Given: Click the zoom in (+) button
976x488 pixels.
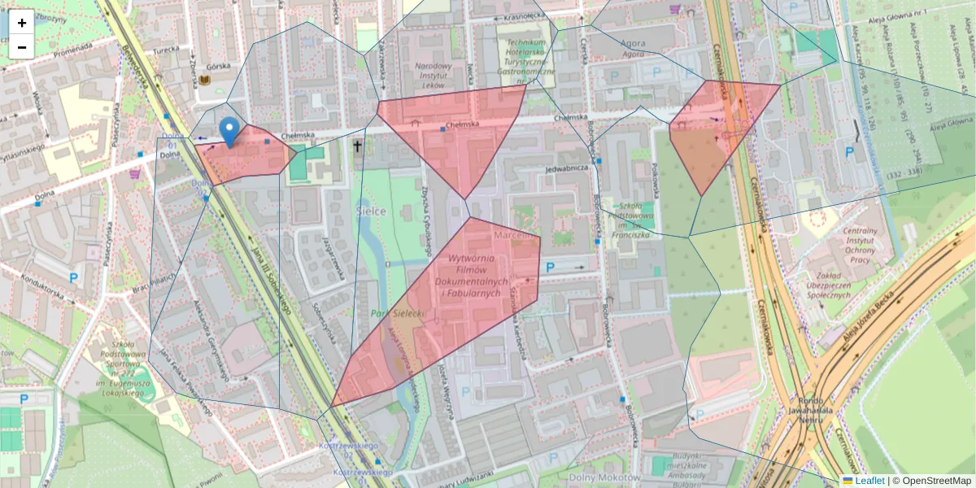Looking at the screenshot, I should [x=21, y=23].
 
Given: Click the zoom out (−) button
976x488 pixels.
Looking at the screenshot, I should [x=21, y=47].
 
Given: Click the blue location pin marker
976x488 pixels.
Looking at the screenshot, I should [x=230, y=131].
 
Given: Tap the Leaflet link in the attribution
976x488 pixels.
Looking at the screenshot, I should [x=869, y=481].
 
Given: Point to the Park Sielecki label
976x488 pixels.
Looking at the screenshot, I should [x=398, y=312].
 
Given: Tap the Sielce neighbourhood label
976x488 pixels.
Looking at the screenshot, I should [x=371, y=211].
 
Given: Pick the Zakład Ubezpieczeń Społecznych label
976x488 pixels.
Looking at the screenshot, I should [x=836, y=285].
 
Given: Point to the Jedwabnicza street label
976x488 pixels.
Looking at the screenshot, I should [x=567, y=168].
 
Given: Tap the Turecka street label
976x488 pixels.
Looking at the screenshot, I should [x=166, y=49].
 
